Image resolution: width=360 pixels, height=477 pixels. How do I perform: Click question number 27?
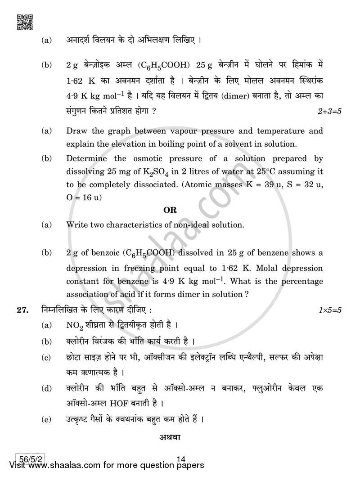pos(23,310)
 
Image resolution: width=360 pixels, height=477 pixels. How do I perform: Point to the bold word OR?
pos(171,210)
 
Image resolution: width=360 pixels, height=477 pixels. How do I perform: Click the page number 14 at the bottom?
pos(181,459)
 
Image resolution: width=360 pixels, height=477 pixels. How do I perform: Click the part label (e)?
pos(45,420)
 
